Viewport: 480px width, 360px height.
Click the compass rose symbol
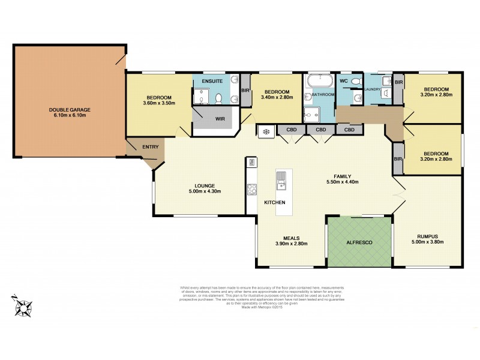coord(24,307)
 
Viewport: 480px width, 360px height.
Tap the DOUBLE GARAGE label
coord(70,110)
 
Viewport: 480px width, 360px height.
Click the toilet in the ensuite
coord(219,98)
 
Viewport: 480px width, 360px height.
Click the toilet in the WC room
coord(355,82)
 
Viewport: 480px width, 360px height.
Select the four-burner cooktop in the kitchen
coord(251,190)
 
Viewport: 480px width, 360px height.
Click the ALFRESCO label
coord(359,242)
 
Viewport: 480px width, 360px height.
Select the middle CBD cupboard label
coord(321,130)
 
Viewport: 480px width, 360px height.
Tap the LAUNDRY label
coord(373,89)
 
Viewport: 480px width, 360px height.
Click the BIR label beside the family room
coord(397,158)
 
